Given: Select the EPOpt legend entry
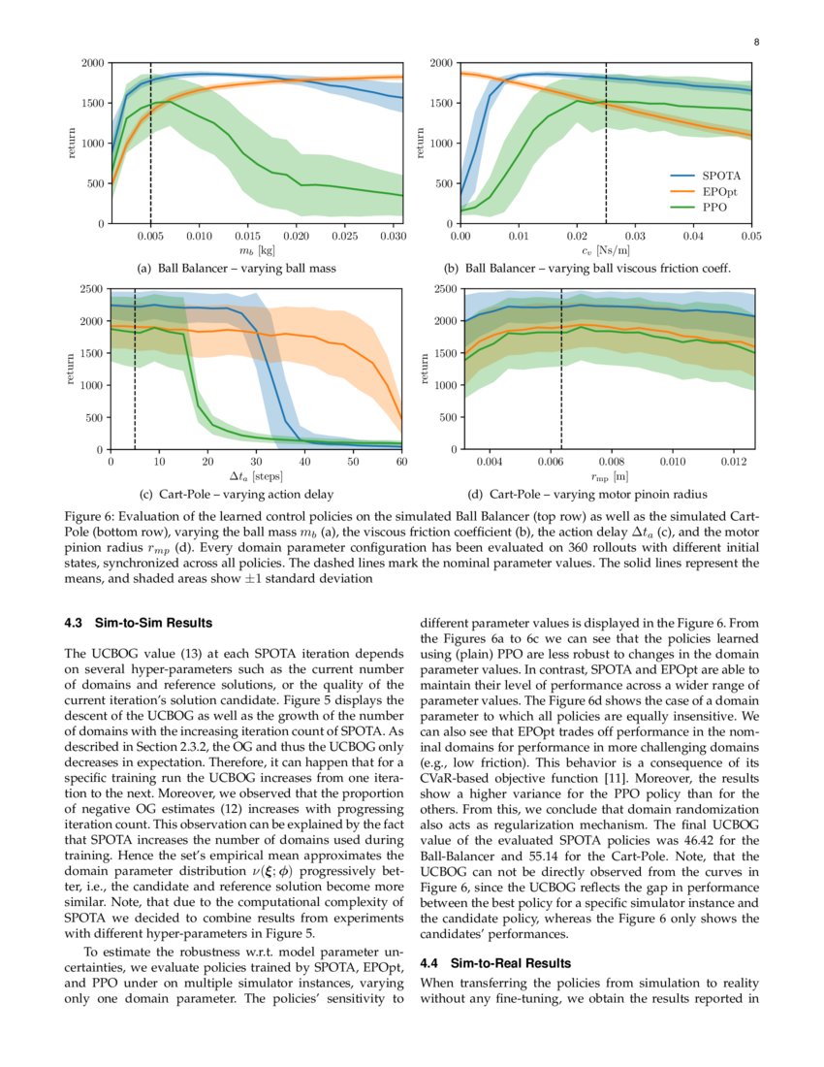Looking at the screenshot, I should click(716, 191).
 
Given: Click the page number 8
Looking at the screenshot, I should click(755, 43).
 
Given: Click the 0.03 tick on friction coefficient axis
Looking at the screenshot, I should click(635, 236).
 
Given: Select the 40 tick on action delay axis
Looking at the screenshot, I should click(304, 462).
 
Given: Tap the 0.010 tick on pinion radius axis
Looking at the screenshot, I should click(672, 462).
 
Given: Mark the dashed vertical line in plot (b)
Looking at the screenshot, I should click(606, 145).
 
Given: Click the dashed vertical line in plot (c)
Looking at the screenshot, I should click(134, 388).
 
